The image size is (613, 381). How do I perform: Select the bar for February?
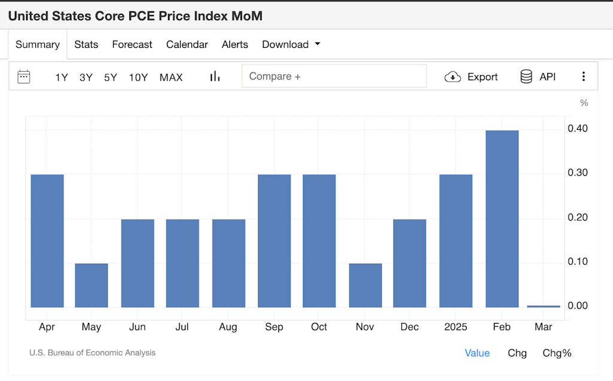click(x=502, y=218)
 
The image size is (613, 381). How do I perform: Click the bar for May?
click(x=92, y=285)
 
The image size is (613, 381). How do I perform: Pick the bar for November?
click(x=365, y=285)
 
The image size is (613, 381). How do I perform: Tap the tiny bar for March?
click(x=544, y=306)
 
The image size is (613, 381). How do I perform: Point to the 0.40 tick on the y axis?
click(x=578, y=129)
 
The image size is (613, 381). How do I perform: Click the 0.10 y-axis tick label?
click(x=578, y=261)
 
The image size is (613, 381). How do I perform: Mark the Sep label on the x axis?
click(x=274, y=327)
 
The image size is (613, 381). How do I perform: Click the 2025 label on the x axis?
click(x=456, y=327)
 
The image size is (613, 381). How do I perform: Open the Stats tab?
click(x=86, y=44)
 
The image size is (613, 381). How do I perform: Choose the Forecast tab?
click(x=132, y=44)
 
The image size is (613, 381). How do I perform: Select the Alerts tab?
click(x=235, y=44)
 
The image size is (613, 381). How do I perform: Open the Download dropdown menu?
click(x=291, y=44)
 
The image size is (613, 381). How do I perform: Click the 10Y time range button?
click(x=138, y=77)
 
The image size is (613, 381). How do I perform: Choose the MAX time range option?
click(x=171, y=77)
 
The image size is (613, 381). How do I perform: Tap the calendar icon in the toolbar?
click(x=24, y=77)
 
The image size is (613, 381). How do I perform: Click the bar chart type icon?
click(x=215, y=77)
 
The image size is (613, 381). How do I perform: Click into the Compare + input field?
click(x=334, y=77)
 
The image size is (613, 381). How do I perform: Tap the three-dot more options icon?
click(x=584, y=77)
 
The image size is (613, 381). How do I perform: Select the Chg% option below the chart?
click(x=557, y=353)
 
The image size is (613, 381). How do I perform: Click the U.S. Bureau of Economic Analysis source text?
click(x=92, y=353)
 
